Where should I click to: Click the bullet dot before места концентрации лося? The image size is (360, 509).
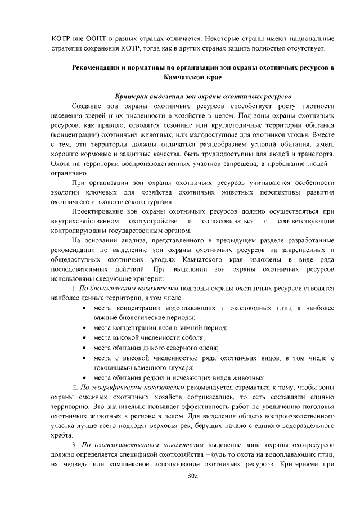tap(84, 327)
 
